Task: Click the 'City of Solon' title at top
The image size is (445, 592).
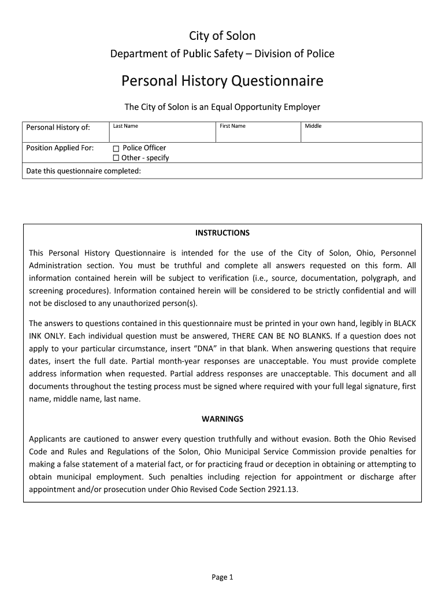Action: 222,36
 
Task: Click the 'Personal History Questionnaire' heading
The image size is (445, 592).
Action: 222,81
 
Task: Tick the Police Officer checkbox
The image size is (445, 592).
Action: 116,148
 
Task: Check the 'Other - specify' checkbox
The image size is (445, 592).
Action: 116,158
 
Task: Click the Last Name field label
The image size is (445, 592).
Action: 125,126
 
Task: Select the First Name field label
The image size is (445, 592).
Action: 232,126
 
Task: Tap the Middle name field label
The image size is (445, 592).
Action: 313,126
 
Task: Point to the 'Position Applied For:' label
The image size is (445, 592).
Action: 60,148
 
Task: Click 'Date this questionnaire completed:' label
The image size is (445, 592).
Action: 84,171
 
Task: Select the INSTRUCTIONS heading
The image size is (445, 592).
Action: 222,233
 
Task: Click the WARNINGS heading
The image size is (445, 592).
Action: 222,419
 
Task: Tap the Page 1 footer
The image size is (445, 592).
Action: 222,577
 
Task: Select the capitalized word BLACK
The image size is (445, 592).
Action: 403,323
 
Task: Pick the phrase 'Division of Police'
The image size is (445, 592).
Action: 298,54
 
